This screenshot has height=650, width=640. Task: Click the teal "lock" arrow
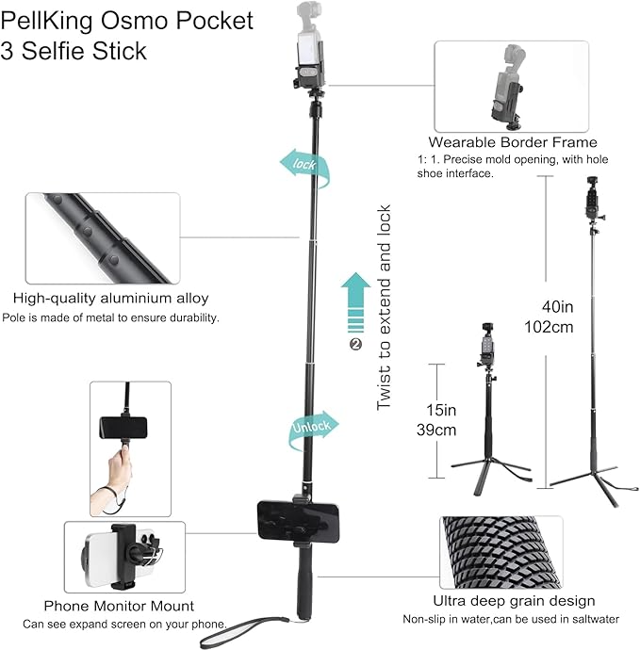304,166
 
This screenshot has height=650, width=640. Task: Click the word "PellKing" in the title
47,21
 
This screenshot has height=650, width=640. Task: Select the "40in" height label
557,307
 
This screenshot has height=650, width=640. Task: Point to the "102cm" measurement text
549,327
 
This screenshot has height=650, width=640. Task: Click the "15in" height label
441,410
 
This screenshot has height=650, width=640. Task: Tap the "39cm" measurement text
436,430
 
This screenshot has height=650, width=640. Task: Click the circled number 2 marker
355,344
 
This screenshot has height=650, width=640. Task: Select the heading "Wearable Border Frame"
513,142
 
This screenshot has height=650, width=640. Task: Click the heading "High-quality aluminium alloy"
110,298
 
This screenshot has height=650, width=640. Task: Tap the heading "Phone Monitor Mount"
119,606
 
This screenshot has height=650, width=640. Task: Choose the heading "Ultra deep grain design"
514,601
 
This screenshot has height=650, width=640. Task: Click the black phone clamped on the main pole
298,521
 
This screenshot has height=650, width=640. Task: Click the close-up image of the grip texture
501,552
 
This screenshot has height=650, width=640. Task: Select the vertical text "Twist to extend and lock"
384,307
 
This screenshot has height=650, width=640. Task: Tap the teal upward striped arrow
356,302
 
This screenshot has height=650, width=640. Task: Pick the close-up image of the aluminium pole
103,238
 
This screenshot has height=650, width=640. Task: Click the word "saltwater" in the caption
596,619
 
